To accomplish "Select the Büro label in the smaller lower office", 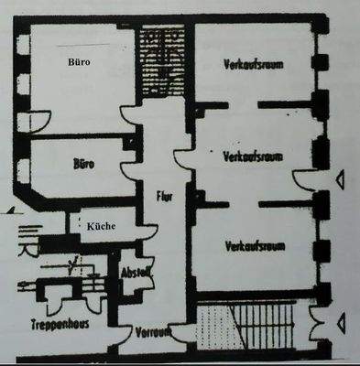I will pyautogui.click(x=83, y=166).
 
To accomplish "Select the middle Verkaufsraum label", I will pyautogui.click(x=254, y=156).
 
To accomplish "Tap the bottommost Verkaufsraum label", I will pyautogui.click(x=254, y=246).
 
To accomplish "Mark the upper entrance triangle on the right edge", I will pyautogui.click(x=341, y=181).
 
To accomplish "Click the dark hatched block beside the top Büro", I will pyautogui.click(x=162, y=62).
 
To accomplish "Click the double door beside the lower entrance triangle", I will pyautogui.click(x=317, y=321).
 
